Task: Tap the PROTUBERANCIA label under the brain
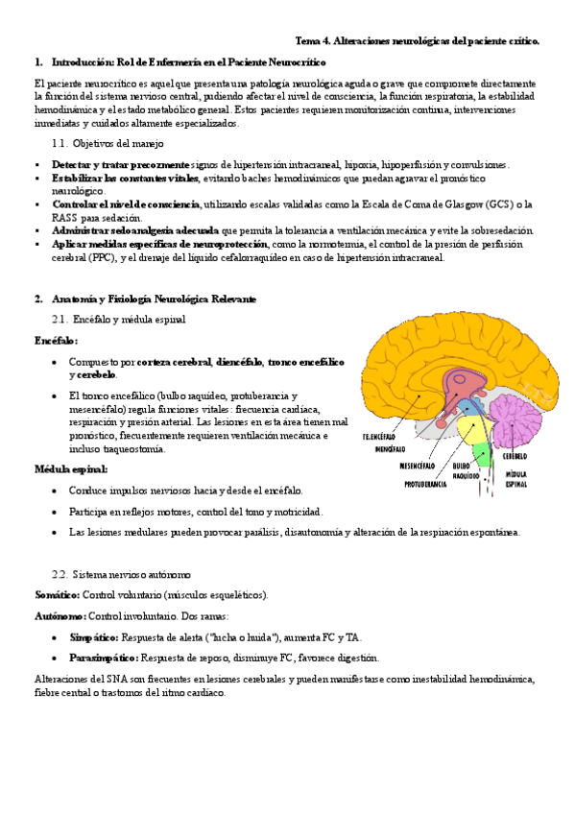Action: [x=424, y=484]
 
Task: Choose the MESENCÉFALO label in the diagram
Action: [x=419, y=465]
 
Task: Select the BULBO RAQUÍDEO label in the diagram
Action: [x=467, y=468]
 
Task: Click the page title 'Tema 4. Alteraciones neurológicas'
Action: [x=418, y=41]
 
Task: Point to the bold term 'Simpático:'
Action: [x=93, y=636]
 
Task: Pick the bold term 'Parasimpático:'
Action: [x=104, y=658]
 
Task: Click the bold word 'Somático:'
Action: [x=57, y=594]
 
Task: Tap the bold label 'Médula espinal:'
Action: [x=70, y=469]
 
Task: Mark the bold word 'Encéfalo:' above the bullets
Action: [x=56, y=340]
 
